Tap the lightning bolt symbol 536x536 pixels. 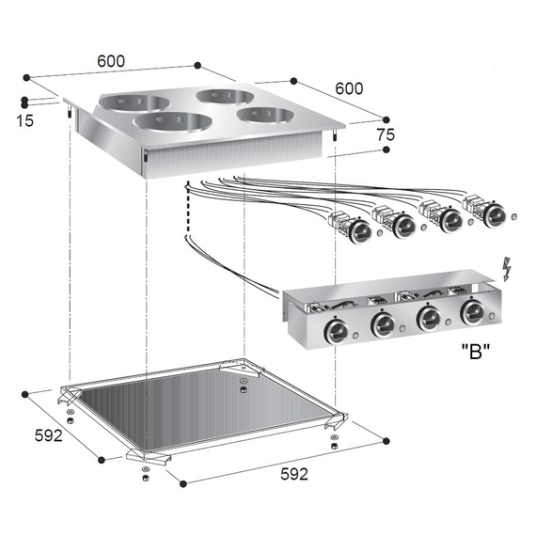tap(508, 270)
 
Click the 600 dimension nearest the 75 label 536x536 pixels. tap(348, 88)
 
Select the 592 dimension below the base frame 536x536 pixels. tap(293, 474)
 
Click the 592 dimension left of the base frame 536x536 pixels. tap(48, 436)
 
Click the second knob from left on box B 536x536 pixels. tap(383, 324)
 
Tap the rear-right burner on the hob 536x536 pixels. tap(222, 96)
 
